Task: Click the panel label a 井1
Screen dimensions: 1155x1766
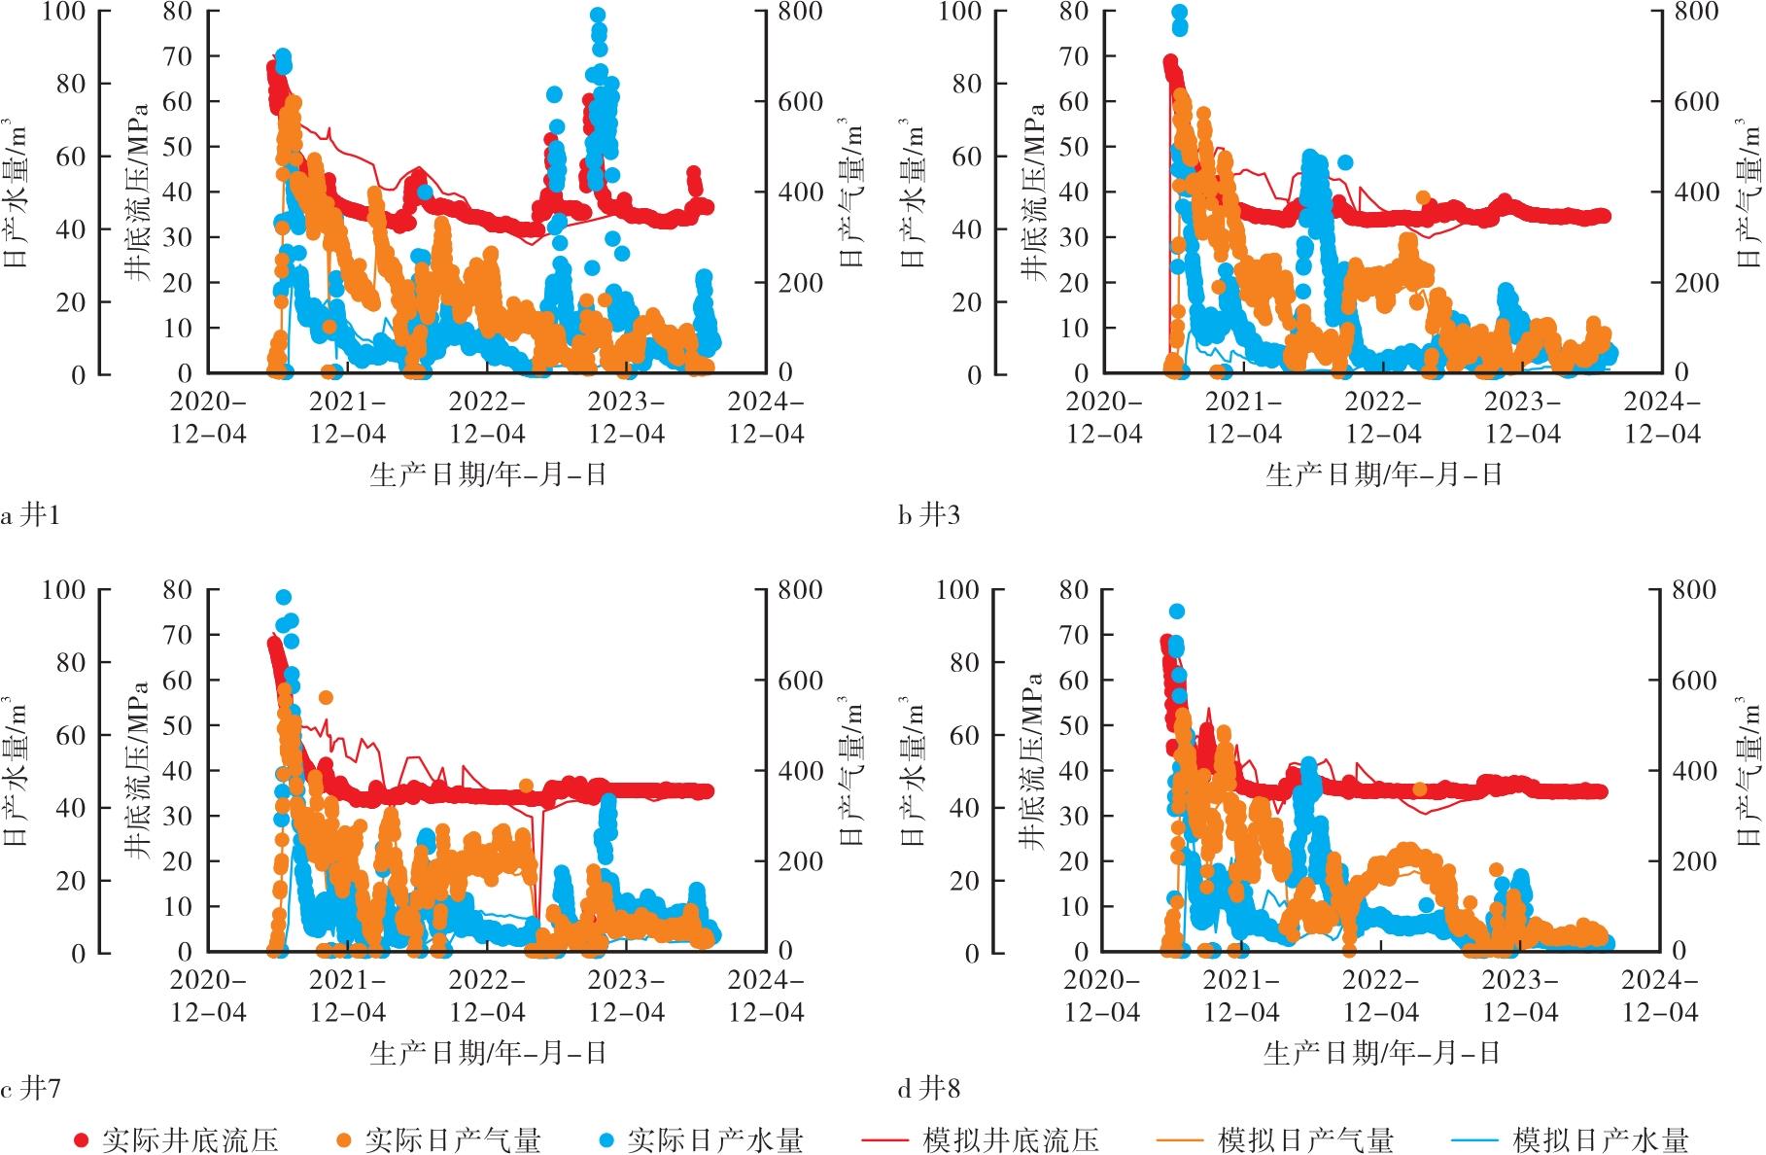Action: pyautogui.click(x=30, y=514)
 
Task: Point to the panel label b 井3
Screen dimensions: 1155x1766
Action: pyautogui.click(x=928, y=514)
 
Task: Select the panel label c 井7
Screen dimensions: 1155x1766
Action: pyautogui.click(x=30, y=1089)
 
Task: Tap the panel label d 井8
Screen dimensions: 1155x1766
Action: pyautogui.click(x=928, y=1089)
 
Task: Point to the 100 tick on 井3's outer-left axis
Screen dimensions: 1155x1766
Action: pyautogui.click(x=958, y=12)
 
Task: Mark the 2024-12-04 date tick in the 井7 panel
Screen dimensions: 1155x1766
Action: pyautogui.click(x=767, y=997)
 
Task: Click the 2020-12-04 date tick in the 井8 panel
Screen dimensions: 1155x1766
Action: pyautogui.click(x=1102, y=997)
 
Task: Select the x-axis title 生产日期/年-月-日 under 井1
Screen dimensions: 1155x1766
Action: pyautogui.click(x=487, y=474)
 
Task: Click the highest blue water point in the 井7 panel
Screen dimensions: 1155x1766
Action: pyautogui.click(x=283, y=597)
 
